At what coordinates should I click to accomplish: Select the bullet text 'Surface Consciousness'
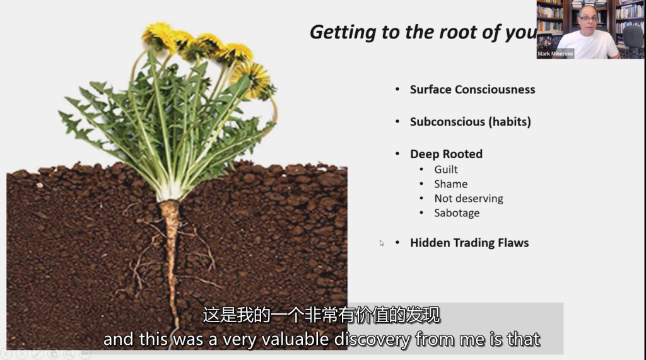coord(473,90)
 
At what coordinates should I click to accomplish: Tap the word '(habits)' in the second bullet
coord(510,122)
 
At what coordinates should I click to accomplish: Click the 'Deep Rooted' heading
coord(446,154)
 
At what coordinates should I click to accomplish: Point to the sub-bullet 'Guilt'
coord(446,170)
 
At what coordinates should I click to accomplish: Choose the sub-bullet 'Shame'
coord(450,183)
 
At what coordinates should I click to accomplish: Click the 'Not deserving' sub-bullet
coord(469,199)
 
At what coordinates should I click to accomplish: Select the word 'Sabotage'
coord(457,213)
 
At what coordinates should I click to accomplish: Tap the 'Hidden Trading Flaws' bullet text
coord(469,243)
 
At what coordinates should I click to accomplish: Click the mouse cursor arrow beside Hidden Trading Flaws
coord(382,243)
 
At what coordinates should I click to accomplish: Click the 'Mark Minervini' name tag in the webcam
coord(555,54)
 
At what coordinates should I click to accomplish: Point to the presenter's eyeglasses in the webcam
coord(589,18)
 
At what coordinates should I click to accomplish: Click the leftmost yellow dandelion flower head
coord(160,36)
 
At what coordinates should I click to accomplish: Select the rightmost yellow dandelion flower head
coord(252,79)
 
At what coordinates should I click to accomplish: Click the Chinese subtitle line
coord(321,315)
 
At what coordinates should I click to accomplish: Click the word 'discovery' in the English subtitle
coord(372,340)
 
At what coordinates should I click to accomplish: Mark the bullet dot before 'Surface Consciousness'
coord(397,90)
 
